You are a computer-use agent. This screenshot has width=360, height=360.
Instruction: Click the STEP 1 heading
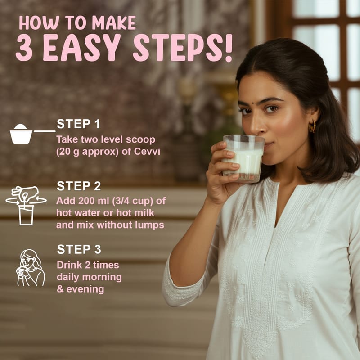[78, 124]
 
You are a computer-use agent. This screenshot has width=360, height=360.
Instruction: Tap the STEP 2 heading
[79, 186]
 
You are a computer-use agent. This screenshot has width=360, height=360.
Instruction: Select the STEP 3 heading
[79, 249]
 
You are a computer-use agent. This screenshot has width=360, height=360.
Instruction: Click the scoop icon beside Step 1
[32, 134]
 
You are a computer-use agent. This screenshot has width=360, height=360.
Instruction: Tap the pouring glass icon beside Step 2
[26, 206]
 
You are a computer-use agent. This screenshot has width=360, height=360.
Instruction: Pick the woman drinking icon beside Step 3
[31, 268]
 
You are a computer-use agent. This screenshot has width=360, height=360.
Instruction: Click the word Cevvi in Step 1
[147, 152]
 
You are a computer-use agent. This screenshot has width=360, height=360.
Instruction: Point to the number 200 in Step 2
[86, 201]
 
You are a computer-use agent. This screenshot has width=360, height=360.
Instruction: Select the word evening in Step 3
[85, 289]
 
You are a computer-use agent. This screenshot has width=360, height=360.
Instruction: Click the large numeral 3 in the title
[24, 48]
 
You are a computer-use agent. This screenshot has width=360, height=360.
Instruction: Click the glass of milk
[243, 158]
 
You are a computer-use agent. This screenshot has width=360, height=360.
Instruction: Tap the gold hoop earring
[312, 127]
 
